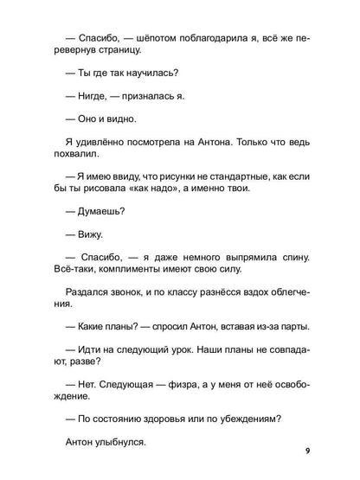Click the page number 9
click(306, 451)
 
